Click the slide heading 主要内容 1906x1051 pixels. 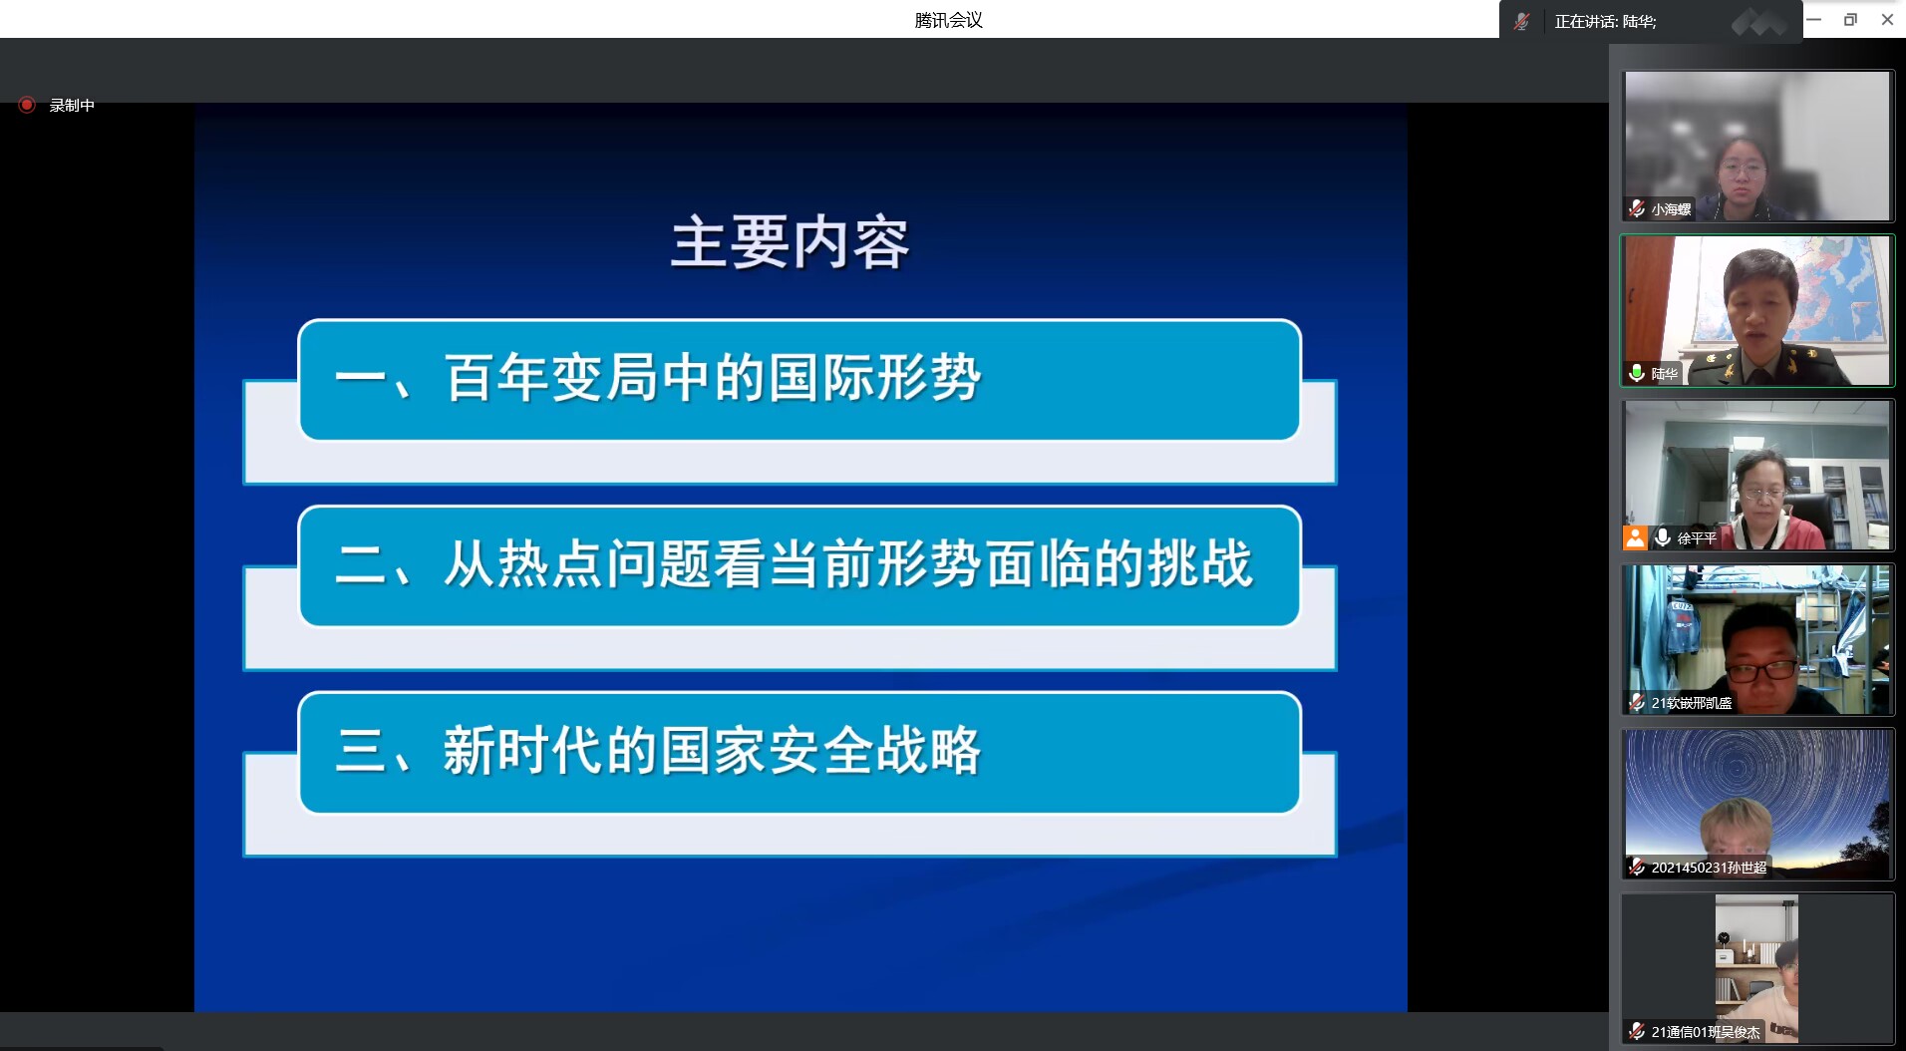[x=790, y=242]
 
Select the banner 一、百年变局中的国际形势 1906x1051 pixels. [x=799, y=380]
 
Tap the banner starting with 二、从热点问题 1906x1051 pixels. [x=799, y=566]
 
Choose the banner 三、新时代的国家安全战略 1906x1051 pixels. [x=799, y=753]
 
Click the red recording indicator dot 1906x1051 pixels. [x=27, y=105]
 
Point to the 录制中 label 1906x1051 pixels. [x=72, y=106]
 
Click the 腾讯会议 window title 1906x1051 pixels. [x=948, y=20]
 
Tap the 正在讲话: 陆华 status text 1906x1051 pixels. [x=1605, y=21]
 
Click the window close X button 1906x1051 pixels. [x=1887, y=19]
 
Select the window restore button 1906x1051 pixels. [x=1850, y=19]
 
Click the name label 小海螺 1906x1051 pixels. [x=1671, y=209]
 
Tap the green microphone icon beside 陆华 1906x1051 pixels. [x=1636, y=373]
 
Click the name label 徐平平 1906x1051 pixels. [x=1697, y=538]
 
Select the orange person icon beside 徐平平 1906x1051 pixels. [x=1635, y=538]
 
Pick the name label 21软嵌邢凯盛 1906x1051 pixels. [x=1692, y=703]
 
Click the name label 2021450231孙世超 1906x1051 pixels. [x=1709, y=868]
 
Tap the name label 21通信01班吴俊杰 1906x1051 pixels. [x=1706, y=1032]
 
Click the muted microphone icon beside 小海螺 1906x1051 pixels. [x=1636, y=208]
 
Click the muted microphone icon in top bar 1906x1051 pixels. [x=1521, y=21]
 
